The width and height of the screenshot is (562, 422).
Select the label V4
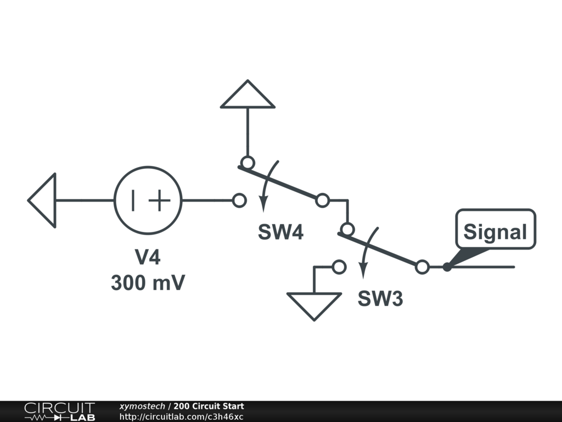coord(148,257)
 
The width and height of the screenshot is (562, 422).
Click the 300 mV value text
coord(148,283)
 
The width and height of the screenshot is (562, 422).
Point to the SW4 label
coord(280,232)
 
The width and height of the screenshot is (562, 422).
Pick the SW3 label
coord(380,299)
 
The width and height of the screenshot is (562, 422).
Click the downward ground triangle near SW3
coord(314,305)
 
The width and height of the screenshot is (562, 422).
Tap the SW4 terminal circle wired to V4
coord(239,201)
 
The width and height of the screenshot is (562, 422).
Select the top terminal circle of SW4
coord(248,163)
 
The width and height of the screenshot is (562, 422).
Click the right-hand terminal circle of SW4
coord(322,201)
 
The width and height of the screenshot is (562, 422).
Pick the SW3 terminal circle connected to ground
coord(339,267)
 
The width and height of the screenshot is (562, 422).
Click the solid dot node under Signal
coord(447,268)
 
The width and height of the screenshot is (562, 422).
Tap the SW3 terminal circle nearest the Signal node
coord(421,267)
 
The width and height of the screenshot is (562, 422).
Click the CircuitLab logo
coord(59,412)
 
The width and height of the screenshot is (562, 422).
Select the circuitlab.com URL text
coord(181,417)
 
